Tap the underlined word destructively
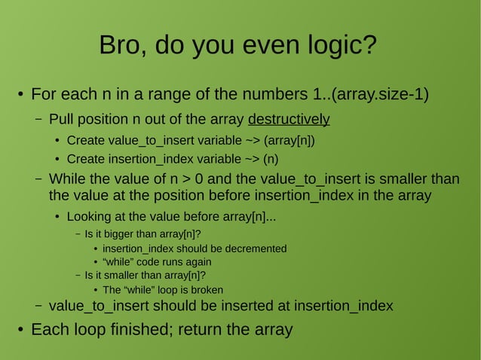coord(289,119)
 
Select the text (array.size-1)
coord(381,95)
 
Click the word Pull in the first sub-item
coord(63,119)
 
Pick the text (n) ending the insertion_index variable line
coord(271,159)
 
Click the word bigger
coord(122,233)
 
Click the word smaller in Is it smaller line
coord(124,276)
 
